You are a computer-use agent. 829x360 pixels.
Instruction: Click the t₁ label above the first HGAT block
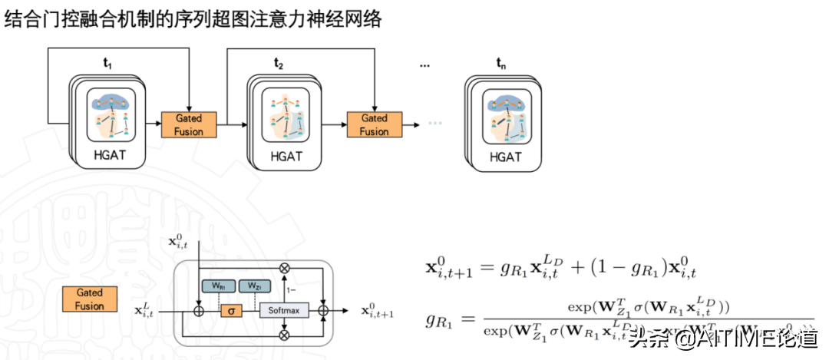pos(107,65)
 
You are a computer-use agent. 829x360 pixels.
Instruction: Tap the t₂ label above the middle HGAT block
pos(279,64)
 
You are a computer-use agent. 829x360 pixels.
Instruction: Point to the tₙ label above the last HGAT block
pos(502,64)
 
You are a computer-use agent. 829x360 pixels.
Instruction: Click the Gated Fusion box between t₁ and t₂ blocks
pos(188,124)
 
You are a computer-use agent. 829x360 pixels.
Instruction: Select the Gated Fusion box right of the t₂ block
pos(375,124)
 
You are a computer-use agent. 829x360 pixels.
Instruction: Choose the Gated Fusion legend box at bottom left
pos(89,299)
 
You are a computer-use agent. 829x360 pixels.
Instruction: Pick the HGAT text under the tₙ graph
pos(505,157)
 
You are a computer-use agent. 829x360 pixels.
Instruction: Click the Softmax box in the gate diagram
pos(285,311)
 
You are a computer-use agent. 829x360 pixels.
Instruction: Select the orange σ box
pos(231,312)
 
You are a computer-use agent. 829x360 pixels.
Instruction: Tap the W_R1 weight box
pos(217,286)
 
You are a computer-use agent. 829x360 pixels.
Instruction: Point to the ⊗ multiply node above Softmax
pos(286,268)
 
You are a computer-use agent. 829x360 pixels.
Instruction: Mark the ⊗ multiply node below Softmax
pos(286,335)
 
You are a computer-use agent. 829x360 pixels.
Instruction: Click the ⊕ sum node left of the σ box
pos(198,312)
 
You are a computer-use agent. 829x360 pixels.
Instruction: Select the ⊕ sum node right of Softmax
pos(324,312)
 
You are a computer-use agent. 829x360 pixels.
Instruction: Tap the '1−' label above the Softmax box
pos(291,291)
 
